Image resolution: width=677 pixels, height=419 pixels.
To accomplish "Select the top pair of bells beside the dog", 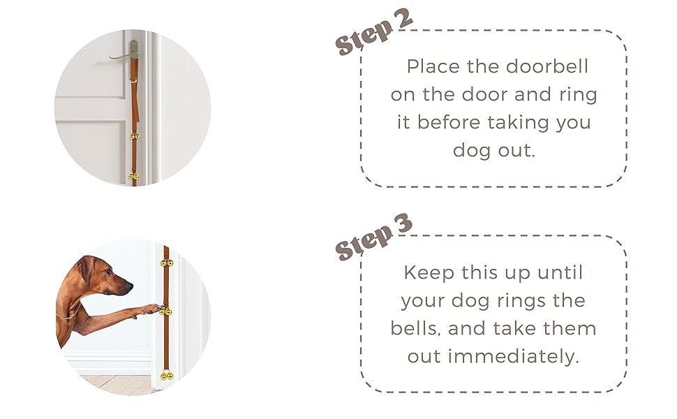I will [166, 263].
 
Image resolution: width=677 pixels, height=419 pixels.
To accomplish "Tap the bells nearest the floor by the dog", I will [166, 376].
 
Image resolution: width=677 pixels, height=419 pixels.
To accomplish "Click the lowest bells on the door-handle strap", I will [134, 176].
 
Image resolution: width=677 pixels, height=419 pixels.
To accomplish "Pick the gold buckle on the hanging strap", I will [133, 80].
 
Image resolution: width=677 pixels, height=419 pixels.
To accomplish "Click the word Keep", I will [429, 272].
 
